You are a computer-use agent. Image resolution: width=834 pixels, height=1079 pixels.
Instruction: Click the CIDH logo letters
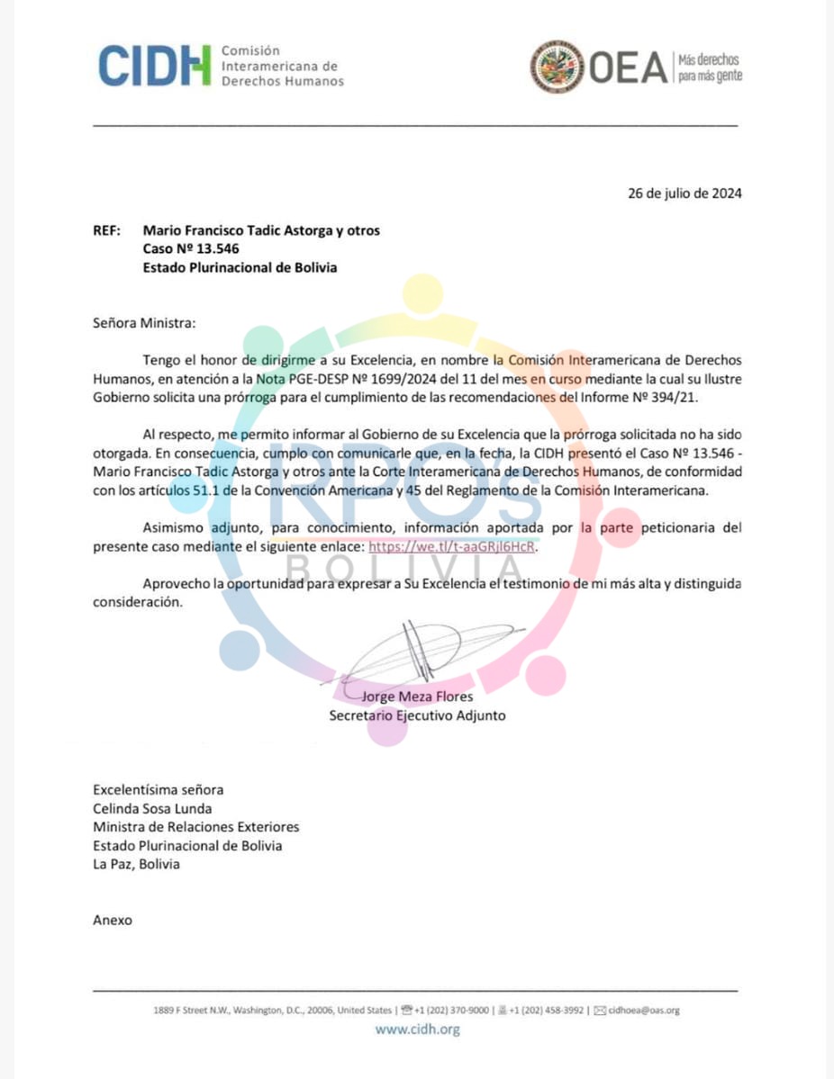click(154, 66)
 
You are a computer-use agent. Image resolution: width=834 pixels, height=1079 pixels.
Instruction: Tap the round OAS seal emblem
click(557, 67)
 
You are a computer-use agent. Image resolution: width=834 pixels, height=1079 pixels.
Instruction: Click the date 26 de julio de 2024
click(684, 193)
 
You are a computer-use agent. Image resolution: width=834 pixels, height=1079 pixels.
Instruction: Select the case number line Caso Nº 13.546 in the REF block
click(191, 248)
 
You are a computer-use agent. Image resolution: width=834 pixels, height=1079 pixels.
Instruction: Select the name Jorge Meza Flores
click(417, 696)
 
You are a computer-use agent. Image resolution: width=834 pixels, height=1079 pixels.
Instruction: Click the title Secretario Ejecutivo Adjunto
click(417, 715)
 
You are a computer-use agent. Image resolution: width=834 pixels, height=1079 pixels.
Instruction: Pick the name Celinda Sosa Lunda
click(152, 808)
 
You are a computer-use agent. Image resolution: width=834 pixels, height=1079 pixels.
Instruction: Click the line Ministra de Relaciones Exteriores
click(195, 826)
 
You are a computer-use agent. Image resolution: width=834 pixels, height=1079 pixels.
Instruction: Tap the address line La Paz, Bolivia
click(136, 864)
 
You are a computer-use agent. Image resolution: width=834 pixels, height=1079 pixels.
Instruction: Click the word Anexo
click(113, 920)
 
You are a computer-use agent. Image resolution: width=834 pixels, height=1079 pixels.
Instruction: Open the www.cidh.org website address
click(417, 1029)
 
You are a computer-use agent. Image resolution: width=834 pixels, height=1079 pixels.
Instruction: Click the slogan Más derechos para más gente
click(710, 67)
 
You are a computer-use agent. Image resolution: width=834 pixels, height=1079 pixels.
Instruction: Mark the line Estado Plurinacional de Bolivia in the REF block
click(240, 267)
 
